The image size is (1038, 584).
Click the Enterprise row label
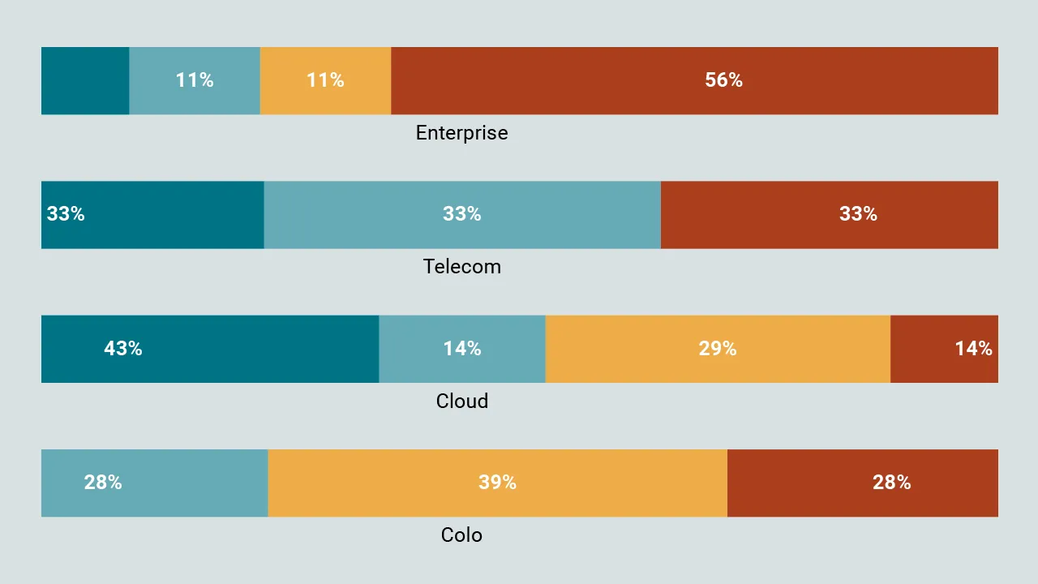[x=461, y=133]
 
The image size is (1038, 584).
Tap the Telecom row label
[x=461, y=267]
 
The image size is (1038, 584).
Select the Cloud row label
[x=461, y=401]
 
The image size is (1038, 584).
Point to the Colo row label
[x=461, y=535]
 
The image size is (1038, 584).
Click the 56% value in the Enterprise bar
[x=723, y=80]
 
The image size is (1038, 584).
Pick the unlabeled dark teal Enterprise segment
[x=85, y=80]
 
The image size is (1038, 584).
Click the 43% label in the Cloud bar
[x=123, y=349]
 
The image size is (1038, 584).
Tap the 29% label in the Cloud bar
[x=718, y=349]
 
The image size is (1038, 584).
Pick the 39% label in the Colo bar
[x=497, y=483]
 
